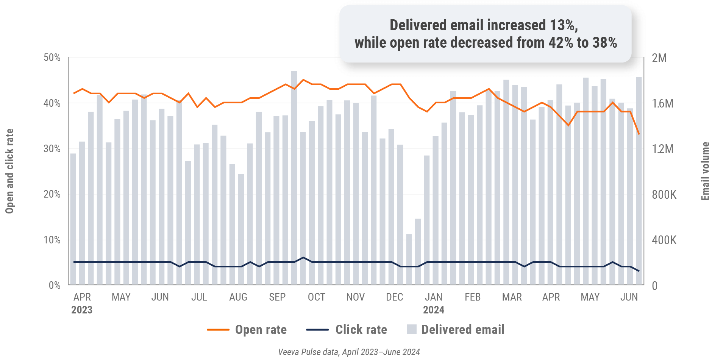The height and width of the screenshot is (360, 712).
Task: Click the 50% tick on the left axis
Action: (52, 58)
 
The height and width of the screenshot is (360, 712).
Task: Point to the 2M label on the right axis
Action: (659, 58)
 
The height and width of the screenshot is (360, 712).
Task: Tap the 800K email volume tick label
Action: (664, 195)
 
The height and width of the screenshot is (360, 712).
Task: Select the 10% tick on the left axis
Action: (52, 240)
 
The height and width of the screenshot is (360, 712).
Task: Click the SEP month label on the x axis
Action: (277, 297)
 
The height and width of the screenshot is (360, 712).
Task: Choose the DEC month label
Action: (394, 297)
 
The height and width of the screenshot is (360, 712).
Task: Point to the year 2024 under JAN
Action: (434, 310)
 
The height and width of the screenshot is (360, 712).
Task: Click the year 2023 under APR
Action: (82, 310)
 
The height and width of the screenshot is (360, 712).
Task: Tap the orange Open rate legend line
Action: (218, 330)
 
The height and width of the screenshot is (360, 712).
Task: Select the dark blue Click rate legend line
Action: (317, 330)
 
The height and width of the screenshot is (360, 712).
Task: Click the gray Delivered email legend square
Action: (411, 329)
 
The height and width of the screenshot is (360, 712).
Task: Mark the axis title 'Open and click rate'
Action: (9, 171)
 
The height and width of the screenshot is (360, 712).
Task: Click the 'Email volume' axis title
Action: (705, 171)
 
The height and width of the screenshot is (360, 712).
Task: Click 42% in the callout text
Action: (561, 43)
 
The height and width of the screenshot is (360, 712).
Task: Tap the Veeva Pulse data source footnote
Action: (349, 352)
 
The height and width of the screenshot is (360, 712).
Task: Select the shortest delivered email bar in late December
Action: (409, 259)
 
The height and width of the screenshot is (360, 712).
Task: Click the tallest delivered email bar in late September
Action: (294, 178)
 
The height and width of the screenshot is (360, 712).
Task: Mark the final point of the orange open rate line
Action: (639, 134)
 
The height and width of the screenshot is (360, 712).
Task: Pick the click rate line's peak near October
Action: (303, 257)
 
